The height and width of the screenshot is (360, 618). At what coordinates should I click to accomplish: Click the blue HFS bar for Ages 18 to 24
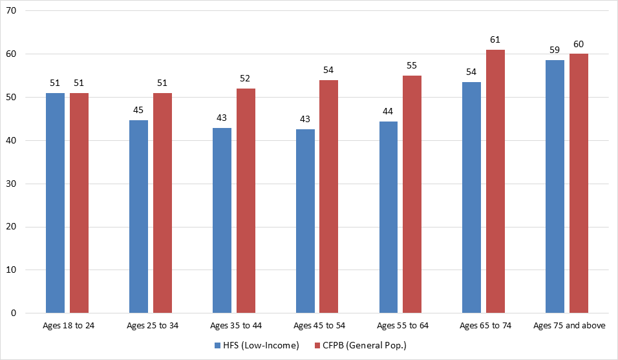tap(55, 203)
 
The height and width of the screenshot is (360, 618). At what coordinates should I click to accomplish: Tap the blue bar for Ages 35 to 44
tap(222, 220)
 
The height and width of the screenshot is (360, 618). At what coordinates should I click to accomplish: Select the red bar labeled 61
tap(495, 181)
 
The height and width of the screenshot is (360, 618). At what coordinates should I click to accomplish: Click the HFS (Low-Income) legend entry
tap(256, 345)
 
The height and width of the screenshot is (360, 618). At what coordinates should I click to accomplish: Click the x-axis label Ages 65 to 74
tap(485, 325)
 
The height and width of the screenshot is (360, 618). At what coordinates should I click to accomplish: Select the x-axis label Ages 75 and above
tap(569, 325)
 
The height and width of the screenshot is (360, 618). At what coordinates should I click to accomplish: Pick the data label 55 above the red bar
tap(412, 65)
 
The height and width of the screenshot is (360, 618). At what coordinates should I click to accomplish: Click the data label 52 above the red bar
tap(246, 78)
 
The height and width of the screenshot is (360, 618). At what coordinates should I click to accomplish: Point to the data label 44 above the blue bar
tap(389, 111)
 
